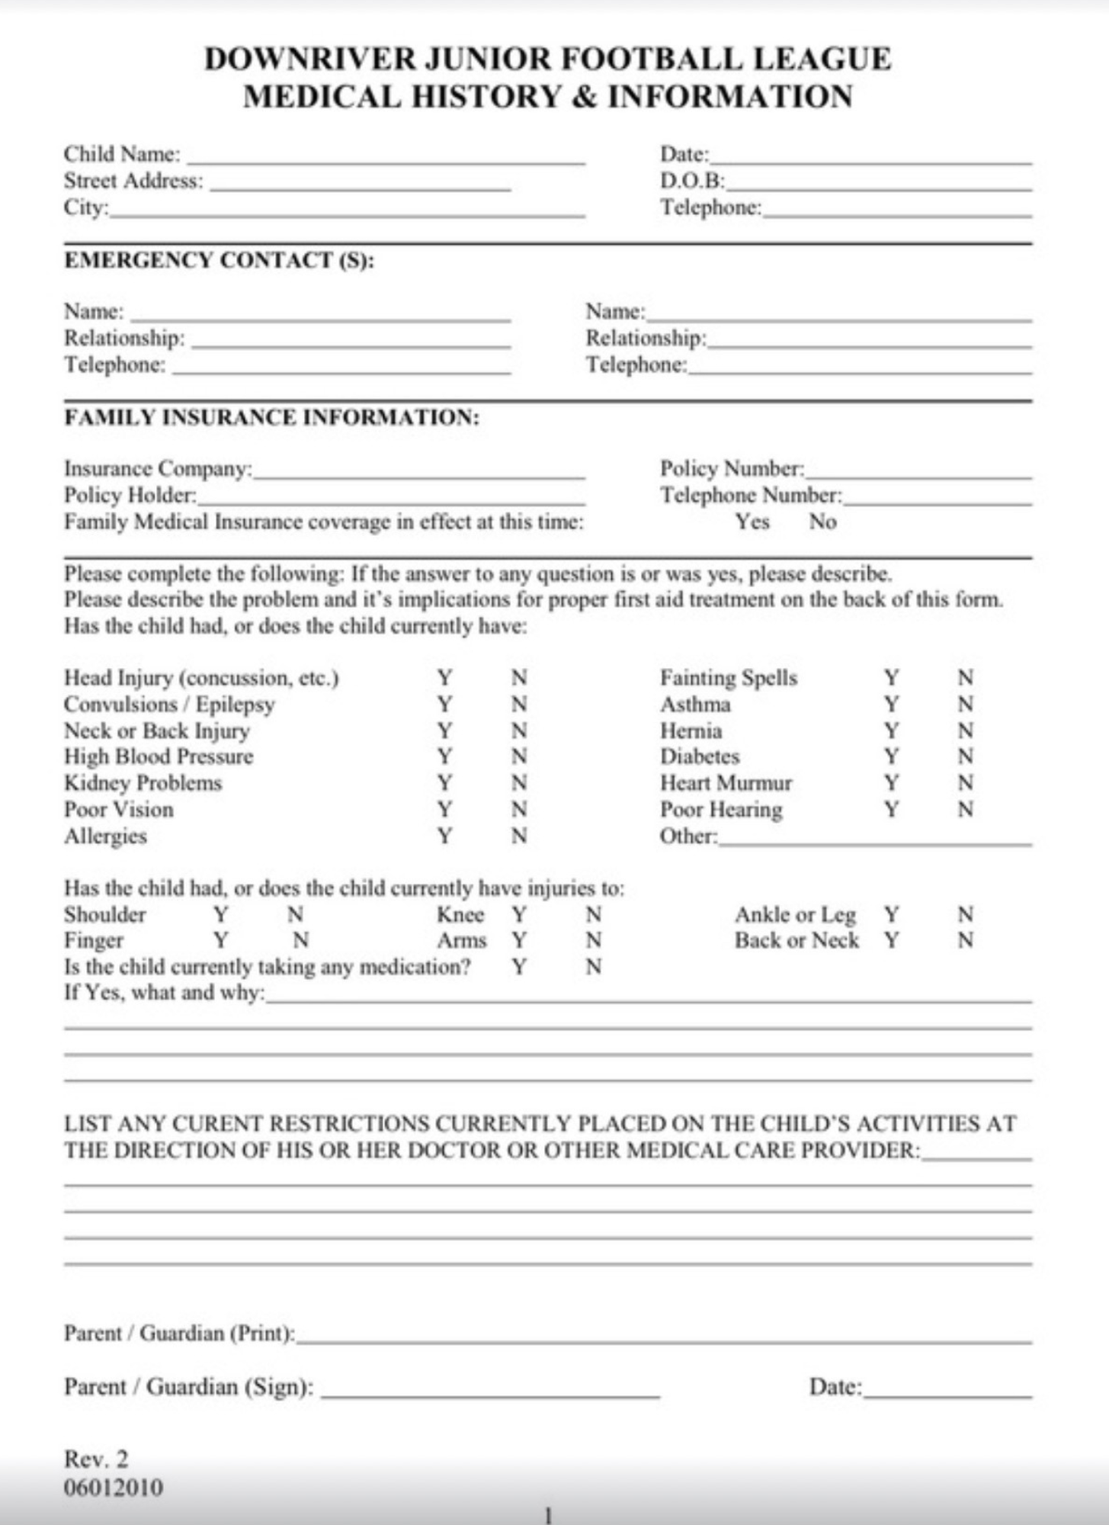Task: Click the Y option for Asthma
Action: pyautogui.click(x=891, y=704)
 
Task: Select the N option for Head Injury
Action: pyautogui.click(x=519, y=678)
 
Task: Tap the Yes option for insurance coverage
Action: pyautogui.click(x=752, y=522)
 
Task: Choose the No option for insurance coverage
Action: pyautogui.click(x=822, y=522)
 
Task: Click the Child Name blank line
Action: pyautogui.click(x=386, y=157)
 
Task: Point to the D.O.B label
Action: pyautogui.click(x=691, y=181)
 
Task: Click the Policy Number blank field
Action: pyautogui.click(x=918, y=471)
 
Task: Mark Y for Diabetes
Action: pyautogui.click(x=891, y=756)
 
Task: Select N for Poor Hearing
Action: pyautogui.click(x=965, y=809)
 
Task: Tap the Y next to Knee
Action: pyautogui.click(x=519, y=914)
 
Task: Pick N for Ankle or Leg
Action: pyautogui.click(x=965, y=914)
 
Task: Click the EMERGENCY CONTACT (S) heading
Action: pyautogui.click(x=220, y=261)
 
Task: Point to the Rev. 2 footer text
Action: pyautogui.click(x=96, y=1459)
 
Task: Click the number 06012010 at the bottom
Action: pyautogui.click(x=113, y=1488)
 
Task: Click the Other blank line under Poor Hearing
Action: pyautogui.click(x=875, y=839)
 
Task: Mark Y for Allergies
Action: pyautogui.click(x=444, y=836)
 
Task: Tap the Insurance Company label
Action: pyautogui.click(x=158, y=468)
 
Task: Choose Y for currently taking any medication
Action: pyautogui.click(x=519, y=967)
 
